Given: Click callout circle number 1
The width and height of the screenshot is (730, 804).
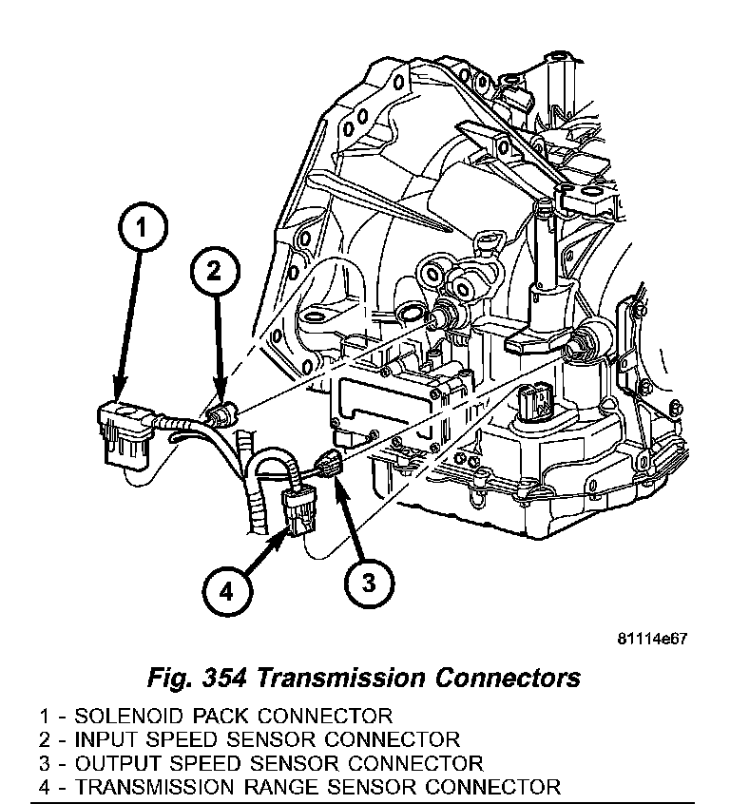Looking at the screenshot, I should click(x=140, y=229).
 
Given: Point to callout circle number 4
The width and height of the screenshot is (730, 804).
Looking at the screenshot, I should click(x=225, y=592).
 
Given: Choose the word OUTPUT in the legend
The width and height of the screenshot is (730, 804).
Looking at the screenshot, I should click(x=111, y=763).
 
